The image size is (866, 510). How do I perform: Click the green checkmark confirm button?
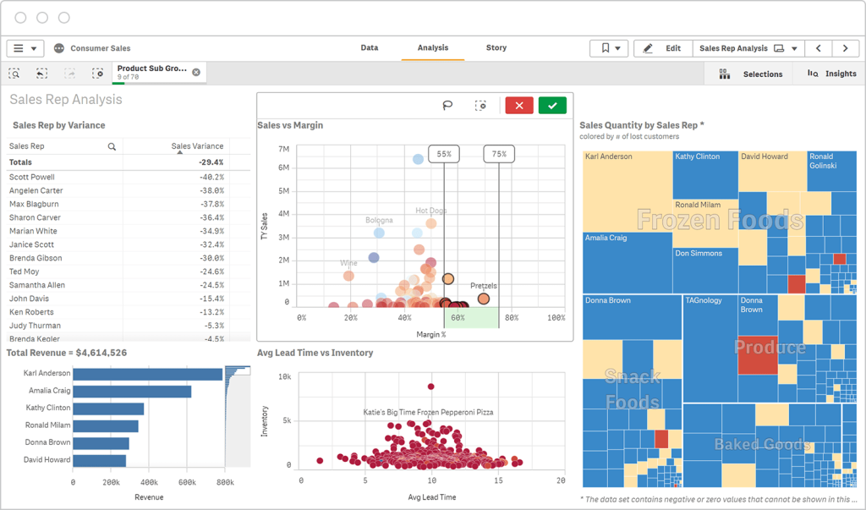[x=552, y=106]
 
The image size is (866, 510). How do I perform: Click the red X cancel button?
[x=519, y=106]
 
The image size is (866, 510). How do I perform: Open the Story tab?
[x=496, y=48]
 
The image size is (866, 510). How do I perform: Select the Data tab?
[x=370, y=48]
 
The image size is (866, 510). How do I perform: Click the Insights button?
[x=832, y=74]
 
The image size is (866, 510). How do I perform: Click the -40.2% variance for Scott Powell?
[x=211, y=177]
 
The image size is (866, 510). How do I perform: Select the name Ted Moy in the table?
[x=25, y=271]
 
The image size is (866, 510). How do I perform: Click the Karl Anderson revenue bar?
[x=147, y=374]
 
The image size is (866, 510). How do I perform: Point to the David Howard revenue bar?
[x=99, y=461]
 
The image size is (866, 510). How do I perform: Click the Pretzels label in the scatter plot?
[x=483, y=286]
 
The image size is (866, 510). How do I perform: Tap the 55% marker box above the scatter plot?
[x=444, y=154]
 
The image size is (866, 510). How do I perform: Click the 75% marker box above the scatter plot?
[x=499, y=154]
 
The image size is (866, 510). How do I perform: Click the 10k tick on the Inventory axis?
[x=285, y=377]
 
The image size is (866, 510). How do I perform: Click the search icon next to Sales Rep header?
[x=112, y=146]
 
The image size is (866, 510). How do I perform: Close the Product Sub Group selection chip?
[x=196, y=73]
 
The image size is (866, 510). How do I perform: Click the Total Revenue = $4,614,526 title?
[x=67, y=353]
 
